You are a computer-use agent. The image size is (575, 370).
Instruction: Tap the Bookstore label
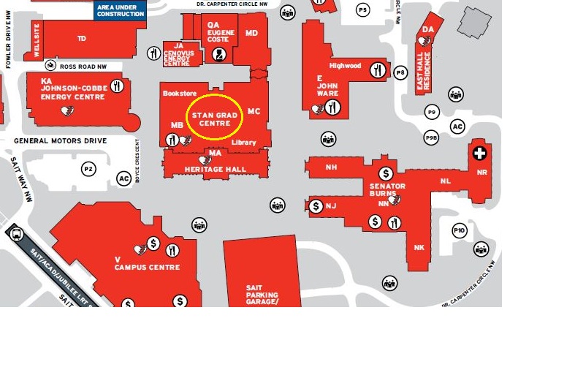(180, 94)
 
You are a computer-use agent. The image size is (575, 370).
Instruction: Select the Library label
(244, 143)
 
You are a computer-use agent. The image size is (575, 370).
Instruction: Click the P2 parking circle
(88, 169)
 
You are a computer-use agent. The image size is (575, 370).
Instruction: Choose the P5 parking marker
(363, 10)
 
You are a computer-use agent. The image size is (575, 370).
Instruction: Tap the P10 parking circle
(459, 230)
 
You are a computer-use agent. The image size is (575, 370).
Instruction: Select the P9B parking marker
(432, 138)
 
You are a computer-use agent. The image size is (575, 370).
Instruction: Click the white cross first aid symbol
(479, 153)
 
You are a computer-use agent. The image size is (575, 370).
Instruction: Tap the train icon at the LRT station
(17, 234)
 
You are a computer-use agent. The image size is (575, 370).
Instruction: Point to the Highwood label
(345, 66)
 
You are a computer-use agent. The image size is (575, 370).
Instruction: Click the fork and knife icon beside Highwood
(377, 69)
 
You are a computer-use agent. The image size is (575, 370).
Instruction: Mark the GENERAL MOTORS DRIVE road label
(60, 140)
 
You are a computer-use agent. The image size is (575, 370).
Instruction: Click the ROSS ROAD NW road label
(83, 66)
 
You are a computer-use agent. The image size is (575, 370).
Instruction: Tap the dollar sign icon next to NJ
(316, 206)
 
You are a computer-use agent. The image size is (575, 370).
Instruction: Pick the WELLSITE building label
(37, 40)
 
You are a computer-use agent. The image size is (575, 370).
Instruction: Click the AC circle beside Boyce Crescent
(123, 178)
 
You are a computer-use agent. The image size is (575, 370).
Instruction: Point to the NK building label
(419, 248)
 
